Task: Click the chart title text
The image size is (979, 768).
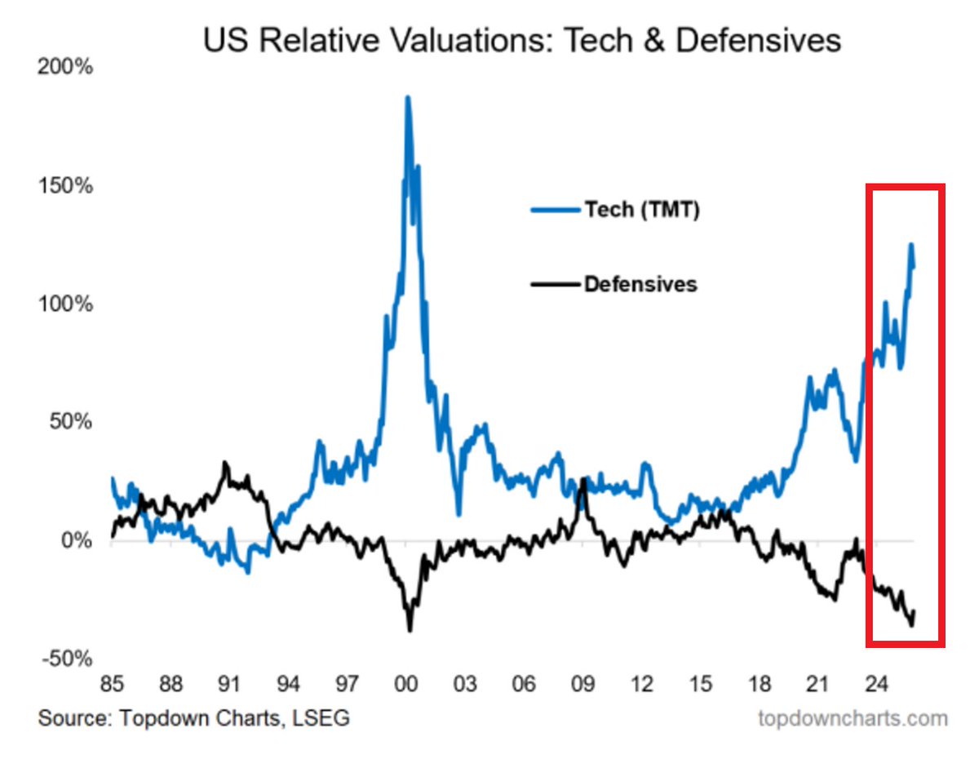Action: (x=522, y=40)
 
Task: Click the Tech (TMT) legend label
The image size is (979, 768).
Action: (x=642, y=210)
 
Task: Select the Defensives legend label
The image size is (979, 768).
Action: (x=640, y=284)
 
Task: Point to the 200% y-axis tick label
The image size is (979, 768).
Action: (x=64, y=67)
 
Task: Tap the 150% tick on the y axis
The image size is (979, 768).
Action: (x=64, y=185)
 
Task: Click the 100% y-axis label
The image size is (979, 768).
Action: (x=64, y=304)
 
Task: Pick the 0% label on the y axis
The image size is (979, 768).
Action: (x=75, y=540)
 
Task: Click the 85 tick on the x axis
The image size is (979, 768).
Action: (x=112, y=682)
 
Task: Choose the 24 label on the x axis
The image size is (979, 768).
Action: (x=875, y=682)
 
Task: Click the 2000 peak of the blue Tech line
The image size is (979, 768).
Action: (x=408, y=98)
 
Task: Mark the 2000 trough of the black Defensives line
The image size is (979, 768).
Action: (x=410, y=629)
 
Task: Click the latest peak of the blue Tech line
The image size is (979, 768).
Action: (x=910, y=245)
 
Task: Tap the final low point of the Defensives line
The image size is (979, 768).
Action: (x=910, y=625)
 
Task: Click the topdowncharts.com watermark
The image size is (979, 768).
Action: (x=853, y=718)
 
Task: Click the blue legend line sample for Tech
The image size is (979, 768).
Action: (x=555, y=210)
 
